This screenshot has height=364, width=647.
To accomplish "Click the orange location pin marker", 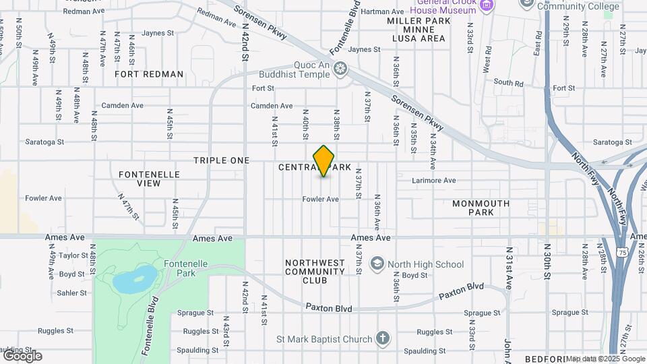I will click(324, 160).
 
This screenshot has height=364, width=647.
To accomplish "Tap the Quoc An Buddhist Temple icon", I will click(340, 68).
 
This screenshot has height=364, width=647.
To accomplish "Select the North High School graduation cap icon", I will click(377, 264).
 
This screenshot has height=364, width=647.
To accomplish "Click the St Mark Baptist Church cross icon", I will click(382, 338).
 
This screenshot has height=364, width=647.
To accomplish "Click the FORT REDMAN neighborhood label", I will click(149, 74).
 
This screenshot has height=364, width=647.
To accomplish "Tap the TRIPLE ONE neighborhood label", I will click(221, 160).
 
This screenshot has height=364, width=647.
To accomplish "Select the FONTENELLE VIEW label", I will click(149, 179).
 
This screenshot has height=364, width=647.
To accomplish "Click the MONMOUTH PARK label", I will click(482, 208).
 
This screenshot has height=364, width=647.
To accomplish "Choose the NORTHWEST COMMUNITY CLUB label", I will click(315, 272).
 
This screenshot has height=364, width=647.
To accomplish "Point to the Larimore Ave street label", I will click(434, 181).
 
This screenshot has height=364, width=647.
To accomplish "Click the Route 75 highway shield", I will click(621, 251).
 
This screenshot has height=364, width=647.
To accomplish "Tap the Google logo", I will click(22, 355).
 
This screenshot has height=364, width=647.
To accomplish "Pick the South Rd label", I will click(508, 83).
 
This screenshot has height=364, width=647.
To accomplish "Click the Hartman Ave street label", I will click(382, 11).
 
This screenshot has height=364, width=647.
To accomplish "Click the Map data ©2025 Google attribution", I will click(605, 359).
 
